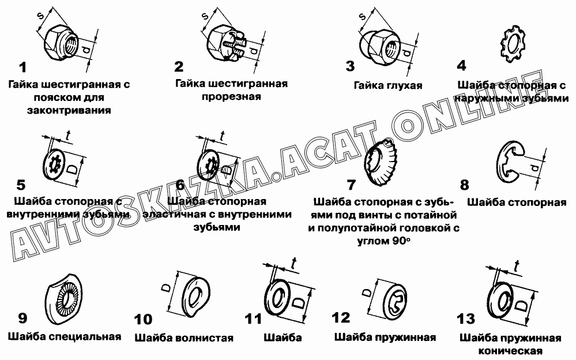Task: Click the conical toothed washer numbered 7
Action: click(x=380, y=162)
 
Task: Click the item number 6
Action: click(x=180, y=185)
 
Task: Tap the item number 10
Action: click(x=143, y=319)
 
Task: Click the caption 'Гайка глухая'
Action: click(x=388, y=85)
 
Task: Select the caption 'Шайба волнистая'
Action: click(x=184, y=337)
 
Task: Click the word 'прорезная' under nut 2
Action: click(x=231, y=97)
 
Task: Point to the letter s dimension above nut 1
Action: click(x=40, y=15)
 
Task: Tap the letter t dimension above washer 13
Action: click(x=517, y=265)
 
